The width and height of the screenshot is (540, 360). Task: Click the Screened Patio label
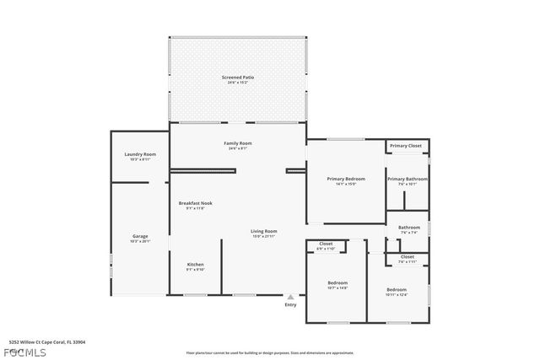point(238,78)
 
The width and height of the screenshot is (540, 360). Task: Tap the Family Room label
point(238,144)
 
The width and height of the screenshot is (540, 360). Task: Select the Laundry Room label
point(140,155)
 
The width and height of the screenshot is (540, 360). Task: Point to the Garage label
point(140,236)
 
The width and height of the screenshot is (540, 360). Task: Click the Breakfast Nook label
point(195,204)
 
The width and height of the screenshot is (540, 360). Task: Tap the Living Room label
point(264,232)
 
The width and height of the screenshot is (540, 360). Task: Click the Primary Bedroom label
point(346,180)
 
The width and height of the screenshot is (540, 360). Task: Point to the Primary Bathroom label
point(408,180)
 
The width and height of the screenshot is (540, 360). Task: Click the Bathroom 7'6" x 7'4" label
point(409,228)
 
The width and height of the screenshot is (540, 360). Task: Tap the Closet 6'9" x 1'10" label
point(326,244)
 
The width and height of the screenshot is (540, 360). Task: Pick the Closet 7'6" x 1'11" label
point(408,257)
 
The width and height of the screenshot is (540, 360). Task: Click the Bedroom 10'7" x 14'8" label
point(337,283)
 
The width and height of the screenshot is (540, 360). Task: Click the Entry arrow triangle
point(291,297)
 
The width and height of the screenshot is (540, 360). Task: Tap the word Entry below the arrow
point(291,304)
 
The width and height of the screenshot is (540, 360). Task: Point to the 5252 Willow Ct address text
point(47,342)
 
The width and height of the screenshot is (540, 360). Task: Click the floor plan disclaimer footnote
point(270,352)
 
